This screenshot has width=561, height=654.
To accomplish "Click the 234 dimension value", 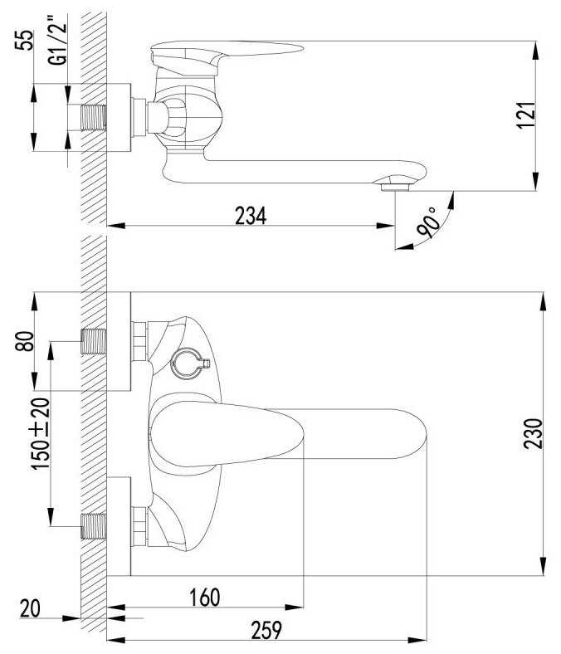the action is tap(251, 216).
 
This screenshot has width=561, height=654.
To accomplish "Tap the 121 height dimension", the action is tap(525, 115).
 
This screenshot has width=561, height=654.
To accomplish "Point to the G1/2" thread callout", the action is tap(57, 40).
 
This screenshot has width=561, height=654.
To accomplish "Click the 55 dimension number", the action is tap(24, 40).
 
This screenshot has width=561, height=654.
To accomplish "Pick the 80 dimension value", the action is tap(24, 341).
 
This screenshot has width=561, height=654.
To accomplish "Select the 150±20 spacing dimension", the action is tap(41, 434).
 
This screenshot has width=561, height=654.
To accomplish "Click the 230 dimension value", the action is tap(533, 434).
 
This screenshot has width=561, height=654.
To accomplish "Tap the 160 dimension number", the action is tap(204, 598).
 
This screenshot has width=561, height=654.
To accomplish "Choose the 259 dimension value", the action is tap(266, 630).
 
